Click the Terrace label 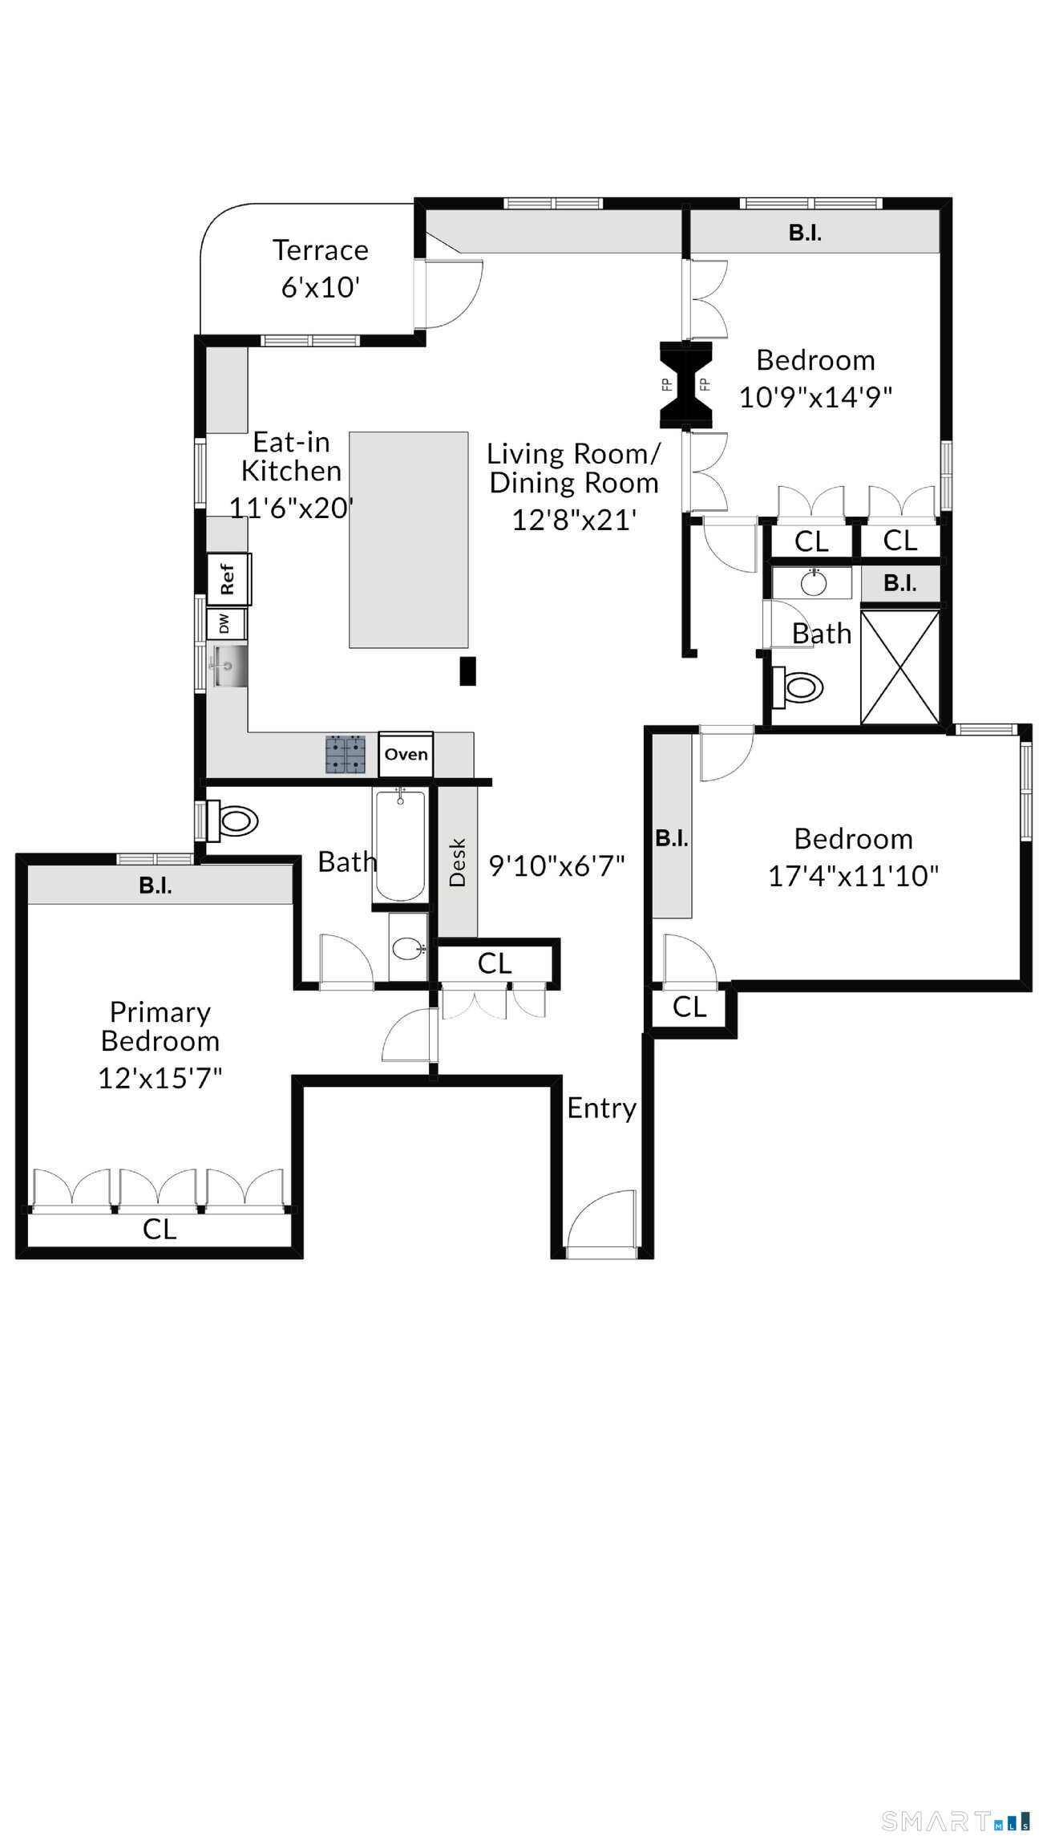tap(321, 250)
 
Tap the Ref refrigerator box tap(228, 578)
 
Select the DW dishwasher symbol tap(225, 624)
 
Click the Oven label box tap(406, 754)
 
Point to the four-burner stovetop tap(346, 754)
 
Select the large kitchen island tap(409, 539)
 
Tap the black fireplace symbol tap(685, 383)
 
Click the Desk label tap(458, 862)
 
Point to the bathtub tap(400, 845)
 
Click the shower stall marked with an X tap(899, 667)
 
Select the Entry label tap(602, 1108)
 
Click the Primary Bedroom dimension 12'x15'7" tap(160, 1078)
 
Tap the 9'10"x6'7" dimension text tap(557, 866)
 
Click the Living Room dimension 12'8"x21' tap(574, 520)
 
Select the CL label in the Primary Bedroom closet tap(160, 1230)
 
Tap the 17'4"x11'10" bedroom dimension tap(854, 875)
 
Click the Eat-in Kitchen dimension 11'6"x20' tap(292, 508)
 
